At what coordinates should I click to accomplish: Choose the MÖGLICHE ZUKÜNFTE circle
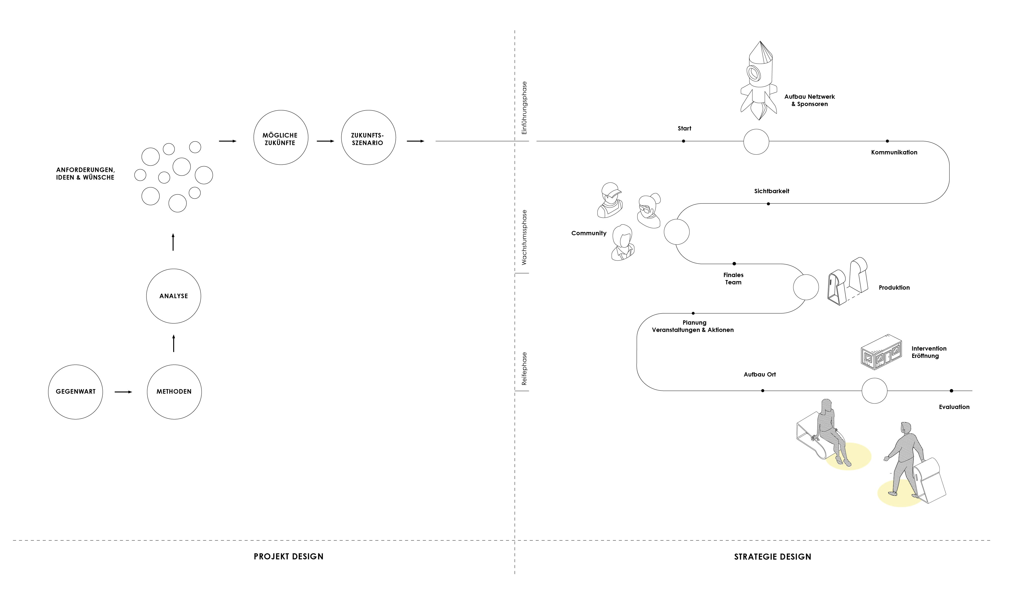(280, 137)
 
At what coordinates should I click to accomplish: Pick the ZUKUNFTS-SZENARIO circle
(368, 137)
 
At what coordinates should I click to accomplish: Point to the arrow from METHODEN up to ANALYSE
(173, 343)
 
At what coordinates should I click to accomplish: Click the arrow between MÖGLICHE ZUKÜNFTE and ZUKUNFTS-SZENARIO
(325, 141)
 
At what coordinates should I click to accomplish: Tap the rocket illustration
(758, 80)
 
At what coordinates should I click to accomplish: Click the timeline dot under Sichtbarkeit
(768, 204)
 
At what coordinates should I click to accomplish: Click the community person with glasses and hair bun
(649, 210)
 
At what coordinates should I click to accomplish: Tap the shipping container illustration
(881, 352)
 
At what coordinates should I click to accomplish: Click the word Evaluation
(954, 407)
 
